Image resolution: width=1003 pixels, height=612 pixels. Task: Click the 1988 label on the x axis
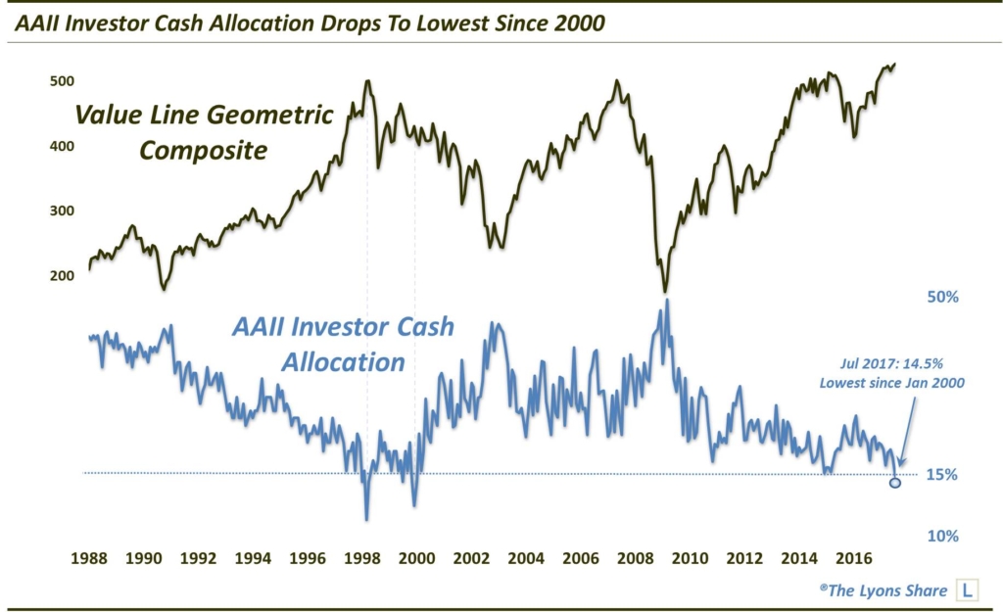click(89, 560)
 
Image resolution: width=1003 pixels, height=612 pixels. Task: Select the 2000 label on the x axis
click(417, 560)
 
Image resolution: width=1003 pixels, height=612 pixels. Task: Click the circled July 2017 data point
click(894, 482)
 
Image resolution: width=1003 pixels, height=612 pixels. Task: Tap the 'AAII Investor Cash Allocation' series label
click(343, 344)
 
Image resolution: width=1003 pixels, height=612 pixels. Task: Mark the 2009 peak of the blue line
click(667, 300)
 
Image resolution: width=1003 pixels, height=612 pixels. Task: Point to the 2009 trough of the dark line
click(665, 291)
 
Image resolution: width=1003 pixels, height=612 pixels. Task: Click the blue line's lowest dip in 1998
click(366, 519)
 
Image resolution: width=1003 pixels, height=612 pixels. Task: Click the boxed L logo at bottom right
click(968, 589)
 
